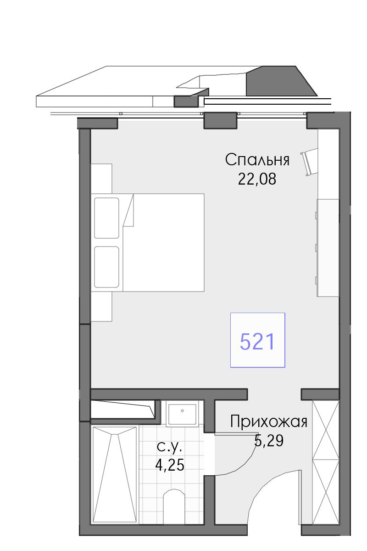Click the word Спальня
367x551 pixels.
point(257,160)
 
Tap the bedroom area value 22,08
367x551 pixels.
point(257,179)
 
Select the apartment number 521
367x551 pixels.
point(257,342)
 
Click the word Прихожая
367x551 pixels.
point(269,422)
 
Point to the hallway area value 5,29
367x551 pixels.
point(269,440)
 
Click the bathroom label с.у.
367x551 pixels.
point(170,447)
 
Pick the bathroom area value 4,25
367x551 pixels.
point(170,465)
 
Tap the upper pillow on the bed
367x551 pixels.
point(107,218)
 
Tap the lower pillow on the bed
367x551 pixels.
point(107,267)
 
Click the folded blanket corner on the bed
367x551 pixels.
point(129,211)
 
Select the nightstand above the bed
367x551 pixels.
point(101,179)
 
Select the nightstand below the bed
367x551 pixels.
point(101,307)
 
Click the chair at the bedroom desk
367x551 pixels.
point(309,162)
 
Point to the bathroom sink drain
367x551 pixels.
point(182,410)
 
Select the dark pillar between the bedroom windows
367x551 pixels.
point(221,120)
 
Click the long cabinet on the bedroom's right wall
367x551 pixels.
point(328,247)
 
